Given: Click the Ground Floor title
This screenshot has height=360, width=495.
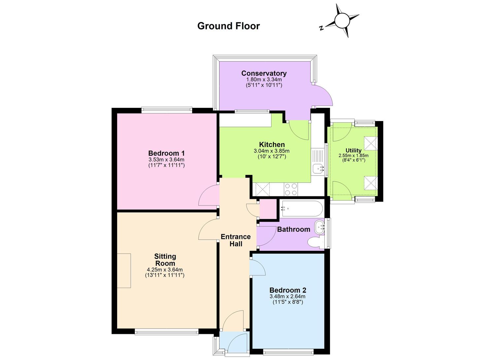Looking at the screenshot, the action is (228, 26).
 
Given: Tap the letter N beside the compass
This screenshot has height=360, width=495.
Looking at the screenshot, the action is (321, 28).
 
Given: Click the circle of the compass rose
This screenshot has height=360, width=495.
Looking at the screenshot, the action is (342, 20).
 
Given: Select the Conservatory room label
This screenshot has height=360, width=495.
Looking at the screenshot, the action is (264, 73).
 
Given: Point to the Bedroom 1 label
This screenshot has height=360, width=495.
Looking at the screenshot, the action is (166, 153).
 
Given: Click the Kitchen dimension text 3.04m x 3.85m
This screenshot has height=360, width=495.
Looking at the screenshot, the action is (272, 151).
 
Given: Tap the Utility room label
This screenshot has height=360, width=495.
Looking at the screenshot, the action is (353, 151).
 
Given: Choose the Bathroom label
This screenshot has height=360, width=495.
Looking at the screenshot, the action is (293, 229).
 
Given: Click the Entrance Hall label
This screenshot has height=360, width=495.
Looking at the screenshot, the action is (236, 240).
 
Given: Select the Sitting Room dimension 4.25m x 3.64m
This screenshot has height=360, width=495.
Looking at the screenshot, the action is (165, 270).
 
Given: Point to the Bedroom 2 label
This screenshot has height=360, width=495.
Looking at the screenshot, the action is (288, 290).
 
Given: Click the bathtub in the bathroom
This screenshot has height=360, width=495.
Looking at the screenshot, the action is (301, 209).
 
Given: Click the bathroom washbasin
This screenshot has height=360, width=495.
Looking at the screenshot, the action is (319, 227).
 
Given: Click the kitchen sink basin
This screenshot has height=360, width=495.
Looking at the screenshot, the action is (318, 169).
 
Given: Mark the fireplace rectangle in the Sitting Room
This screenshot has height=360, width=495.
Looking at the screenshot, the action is (124, 271).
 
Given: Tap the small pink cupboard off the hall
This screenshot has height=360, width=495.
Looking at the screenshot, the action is (268, 209).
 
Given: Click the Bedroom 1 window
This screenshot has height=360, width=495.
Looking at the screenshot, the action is (167, 110).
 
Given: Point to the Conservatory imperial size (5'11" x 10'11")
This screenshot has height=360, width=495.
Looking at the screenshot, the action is (264, 85).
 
